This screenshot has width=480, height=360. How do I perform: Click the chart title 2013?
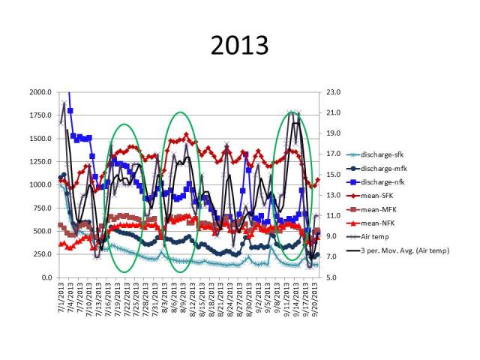[240, 46]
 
